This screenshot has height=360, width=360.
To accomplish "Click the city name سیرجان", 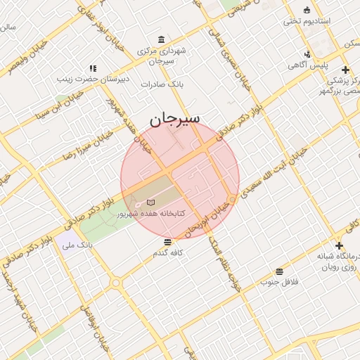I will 174,120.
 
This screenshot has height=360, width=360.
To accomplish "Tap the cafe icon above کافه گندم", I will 167,242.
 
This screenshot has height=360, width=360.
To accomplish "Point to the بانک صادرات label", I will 162,84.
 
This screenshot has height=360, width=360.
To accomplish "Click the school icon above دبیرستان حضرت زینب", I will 92,68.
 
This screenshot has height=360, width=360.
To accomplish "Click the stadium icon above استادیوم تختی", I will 306,9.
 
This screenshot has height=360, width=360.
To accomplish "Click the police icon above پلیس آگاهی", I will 307,54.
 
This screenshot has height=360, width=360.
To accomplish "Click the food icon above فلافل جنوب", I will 279,271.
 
